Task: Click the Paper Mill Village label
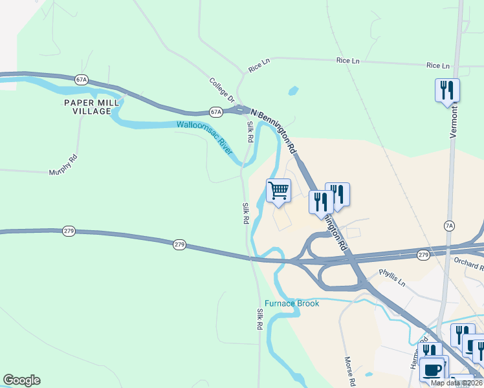pos(87,107)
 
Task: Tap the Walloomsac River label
pos(204,136)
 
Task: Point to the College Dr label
pos(221,91)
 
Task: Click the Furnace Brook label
pos(291,303)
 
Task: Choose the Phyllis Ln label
pos(392,277)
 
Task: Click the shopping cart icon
pos(278,191)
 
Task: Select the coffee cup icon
pos(432,370)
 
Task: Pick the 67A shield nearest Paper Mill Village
pos(81,80)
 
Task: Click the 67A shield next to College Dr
pos(216,112)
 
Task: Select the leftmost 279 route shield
pos(69,230)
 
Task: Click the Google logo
pos(21,380)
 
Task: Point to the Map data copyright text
pos(456,383)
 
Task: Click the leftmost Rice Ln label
pos(258,67)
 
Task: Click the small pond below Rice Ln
pos(293,91)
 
